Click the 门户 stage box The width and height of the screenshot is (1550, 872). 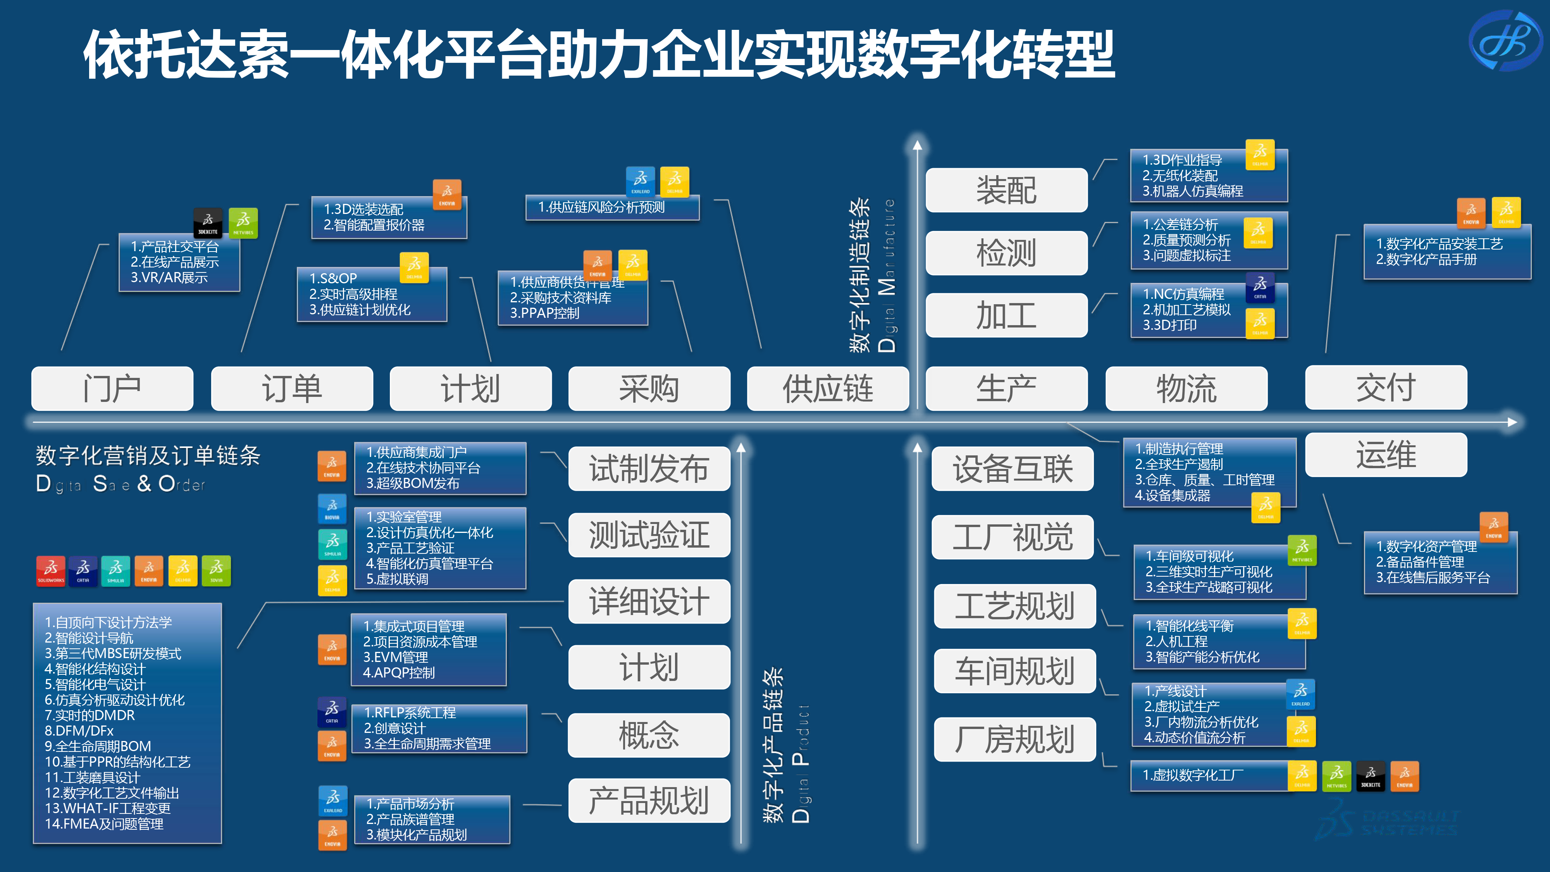pos(112,389)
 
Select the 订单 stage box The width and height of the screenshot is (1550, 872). pos(292,389)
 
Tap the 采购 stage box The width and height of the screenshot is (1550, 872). pos(649,389)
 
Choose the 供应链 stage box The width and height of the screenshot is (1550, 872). pos(828,389)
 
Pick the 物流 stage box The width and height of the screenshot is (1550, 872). pos(1187,389)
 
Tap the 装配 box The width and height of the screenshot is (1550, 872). pos(1006,190)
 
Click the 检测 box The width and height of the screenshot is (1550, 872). pos(1006,253)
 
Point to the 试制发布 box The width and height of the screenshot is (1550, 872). pos(649,469)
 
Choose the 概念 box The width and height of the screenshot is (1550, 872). pos(649,735)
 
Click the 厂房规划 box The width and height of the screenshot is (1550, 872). pos(1014,739)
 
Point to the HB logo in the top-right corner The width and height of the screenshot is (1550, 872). pos(1505,41)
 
